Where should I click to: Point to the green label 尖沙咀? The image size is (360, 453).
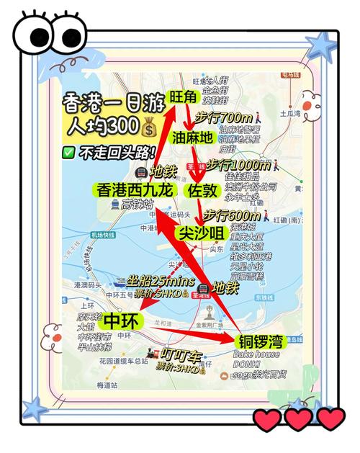point(202,233)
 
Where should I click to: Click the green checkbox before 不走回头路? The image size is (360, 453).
point(69,153)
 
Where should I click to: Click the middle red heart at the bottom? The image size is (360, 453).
point(298,418)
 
